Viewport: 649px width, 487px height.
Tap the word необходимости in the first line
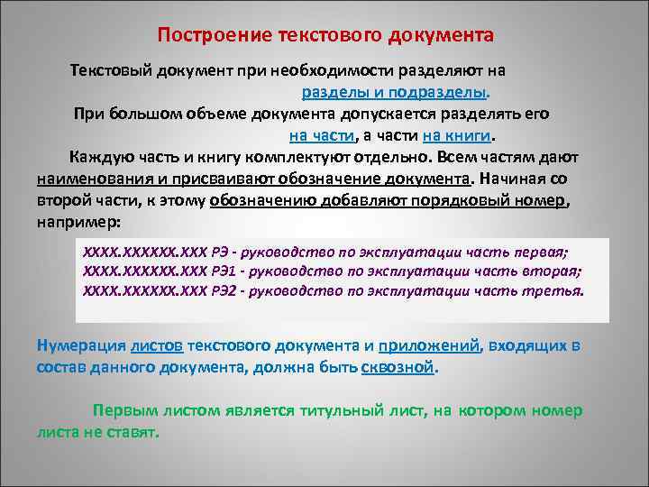tap(343, 70)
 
